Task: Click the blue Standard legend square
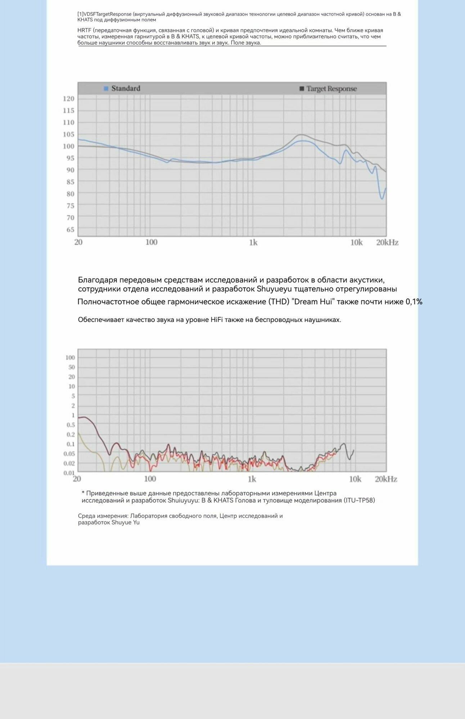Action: (x=106, y=88)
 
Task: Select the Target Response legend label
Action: (x=331, y=89)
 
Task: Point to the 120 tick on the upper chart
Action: (x=68, y=99)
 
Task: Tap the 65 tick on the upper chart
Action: (x=70, y=229)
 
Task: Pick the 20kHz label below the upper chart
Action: (x=387, y=243)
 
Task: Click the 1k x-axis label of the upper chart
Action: (x=253, y=243)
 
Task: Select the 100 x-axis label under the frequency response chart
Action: (x=151, y=242)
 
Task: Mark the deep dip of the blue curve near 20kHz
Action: (x=382, y=197)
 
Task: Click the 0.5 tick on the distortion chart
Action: (x=71, y=425)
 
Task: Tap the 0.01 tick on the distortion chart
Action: (x=69, y=473)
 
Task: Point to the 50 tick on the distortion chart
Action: (x=72, y=367)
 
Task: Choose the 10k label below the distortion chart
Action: (x=355, y=479)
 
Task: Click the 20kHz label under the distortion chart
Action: (x=386, y=479)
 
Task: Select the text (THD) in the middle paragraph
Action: (x=280, y=302)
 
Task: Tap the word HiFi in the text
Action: (x=217, y=320)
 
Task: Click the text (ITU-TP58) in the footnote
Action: (x=359, y=500)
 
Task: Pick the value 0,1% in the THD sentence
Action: (x=414, y=302)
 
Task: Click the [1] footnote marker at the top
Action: (x=80, y=14)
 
